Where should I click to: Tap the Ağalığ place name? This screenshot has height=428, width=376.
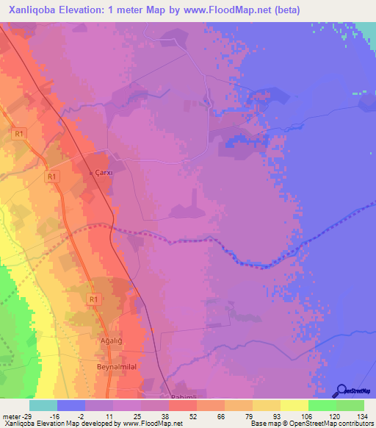[109, 342]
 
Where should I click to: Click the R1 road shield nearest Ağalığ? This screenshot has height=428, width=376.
[93, 299]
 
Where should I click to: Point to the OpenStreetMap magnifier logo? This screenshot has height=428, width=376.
[341, 391]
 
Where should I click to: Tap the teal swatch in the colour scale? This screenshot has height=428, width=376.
[43, 405]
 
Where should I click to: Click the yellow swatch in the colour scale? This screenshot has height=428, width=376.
[294, 405]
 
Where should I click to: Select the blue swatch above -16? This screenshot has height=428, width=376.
[71, 405]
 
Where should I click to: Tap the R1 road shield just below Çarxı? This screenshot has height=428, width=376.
[51, 176]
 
